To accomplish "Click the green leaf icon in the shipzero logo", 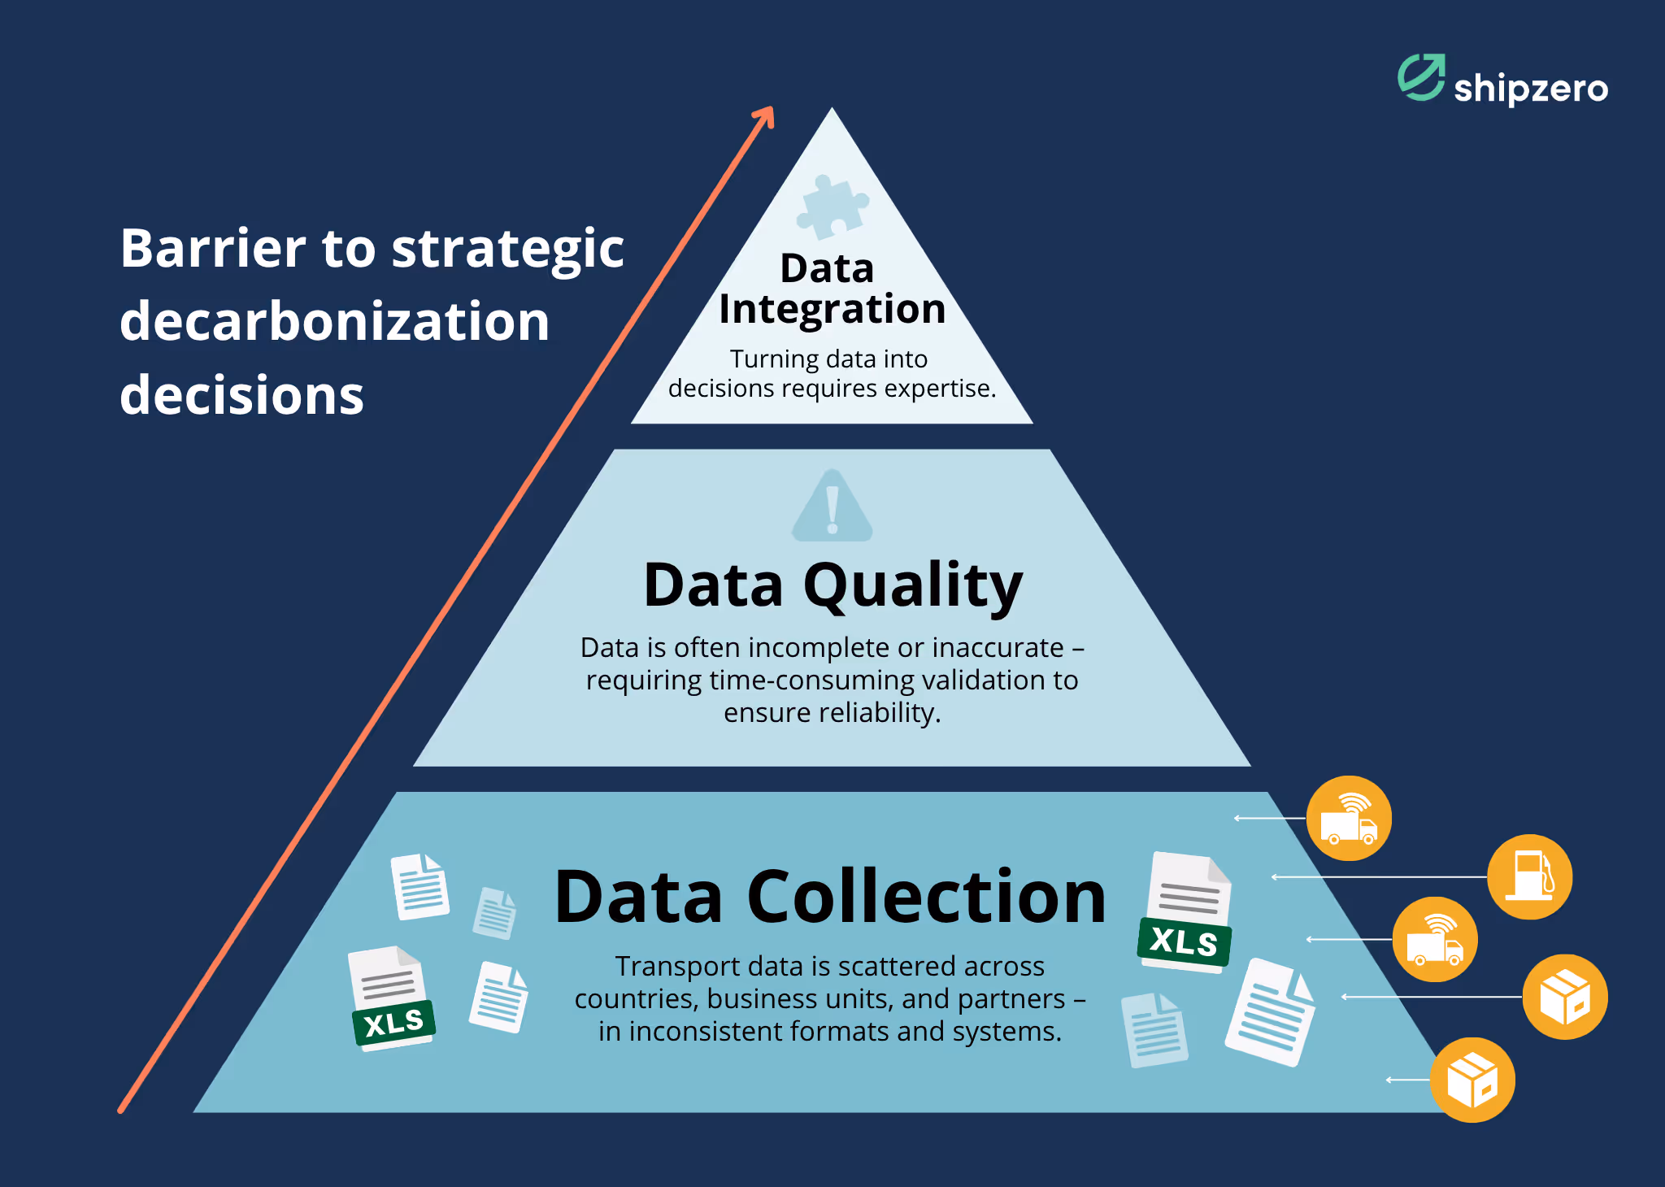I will point(1420,78).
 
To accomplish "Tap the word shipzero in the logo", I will point(1530,88).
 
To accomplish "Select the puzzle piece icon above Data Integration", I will point(832,207).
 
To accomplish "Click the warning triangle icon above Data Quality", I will point(832,507).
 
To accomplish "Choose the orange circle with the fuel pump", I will point(1529,876).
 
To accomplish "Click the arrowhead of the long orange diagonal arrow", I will point(764,118).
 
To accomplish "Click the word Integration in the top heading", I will point(832,310).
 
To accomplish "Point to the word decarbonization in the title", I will point(334,321).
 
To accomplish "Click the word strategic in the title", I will point(508,250).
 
